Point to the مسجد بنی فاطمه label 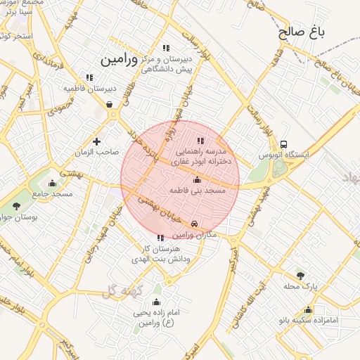(198, 190)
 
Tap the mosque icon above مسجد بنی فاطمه (197, 180)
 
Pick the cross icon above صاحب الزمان (97, 141)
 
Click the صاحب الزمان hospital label (97, 151)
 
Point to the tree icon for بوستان (17, 205)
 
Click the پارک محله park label (301, 286)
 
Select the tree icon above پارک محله (301, 276)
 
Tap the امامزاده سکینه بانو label (308, 319)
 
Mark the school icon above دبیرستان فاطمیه (89, 77)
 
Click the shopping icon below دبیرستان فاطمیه (110, 105)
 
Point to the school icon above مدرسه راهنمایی (200, 141)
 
